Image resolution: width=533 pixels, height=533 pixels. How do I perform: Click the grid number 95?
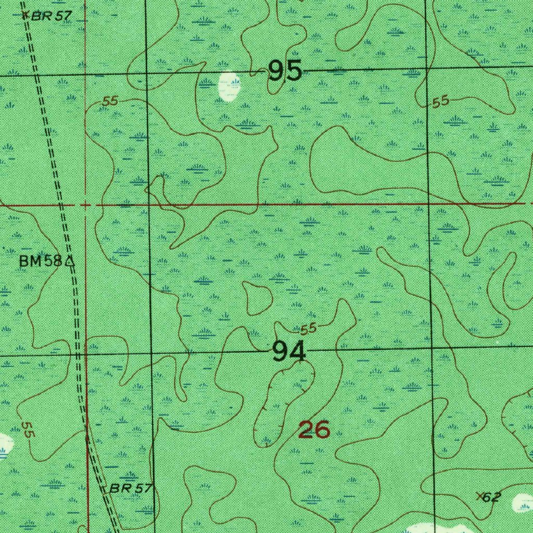click(285, 71)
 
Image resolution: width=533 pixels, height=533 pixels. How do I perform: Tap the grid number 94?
click(288, 353)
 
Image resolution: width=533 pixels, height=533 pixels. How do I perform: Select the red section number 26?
click(314, 430)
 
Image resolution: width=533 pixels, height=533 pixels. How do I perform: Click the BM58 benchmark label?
click(41, 261)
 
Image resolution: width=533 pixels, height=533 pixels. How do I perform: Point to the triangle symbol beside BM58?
click(69, 261)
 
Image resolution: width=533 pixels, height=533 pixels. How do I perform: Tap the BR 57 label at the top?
click(51, 16)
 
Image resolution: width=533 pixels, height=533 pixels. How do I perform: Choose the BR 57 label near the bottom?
click(131, 488)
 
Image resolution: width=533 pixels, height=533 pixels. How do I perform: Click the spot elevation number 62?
click(492, 497)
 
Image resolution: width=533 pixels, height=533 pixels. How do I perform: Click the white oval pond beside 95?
click(229, 86)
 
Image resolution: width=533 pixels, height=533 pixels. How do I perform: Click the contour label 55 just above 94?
click(308, 328)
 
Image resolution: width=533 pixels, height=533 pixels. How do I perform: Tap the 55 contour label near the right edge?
click(440, 103)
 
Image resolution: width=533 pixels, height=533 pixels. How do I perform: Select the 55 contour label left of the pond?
click(110, 101)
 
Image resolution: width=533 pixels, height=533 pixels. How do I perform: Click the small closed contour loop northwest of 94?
click(258, 298)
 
